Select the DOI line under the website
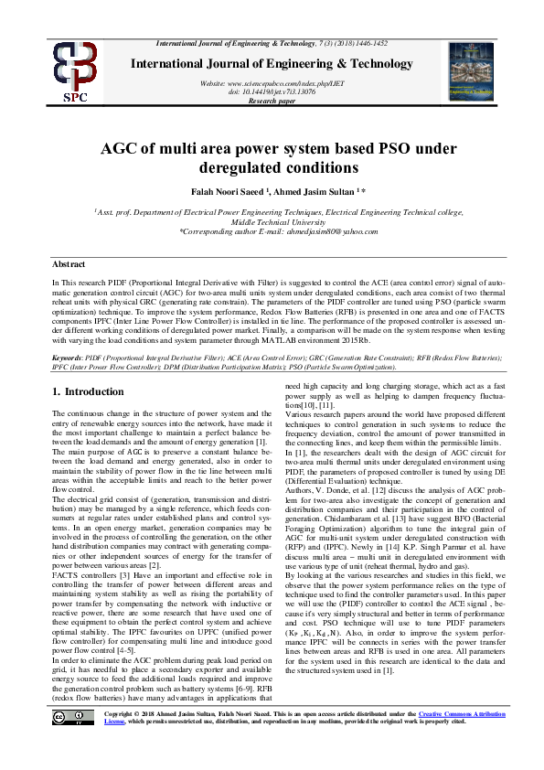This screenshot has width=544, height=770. (x=272, y=91)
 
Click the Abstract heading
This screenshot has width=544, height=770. (x=69, y=262)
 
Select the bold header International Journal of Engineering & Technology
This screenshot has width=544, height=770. (x=272, y=63)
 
